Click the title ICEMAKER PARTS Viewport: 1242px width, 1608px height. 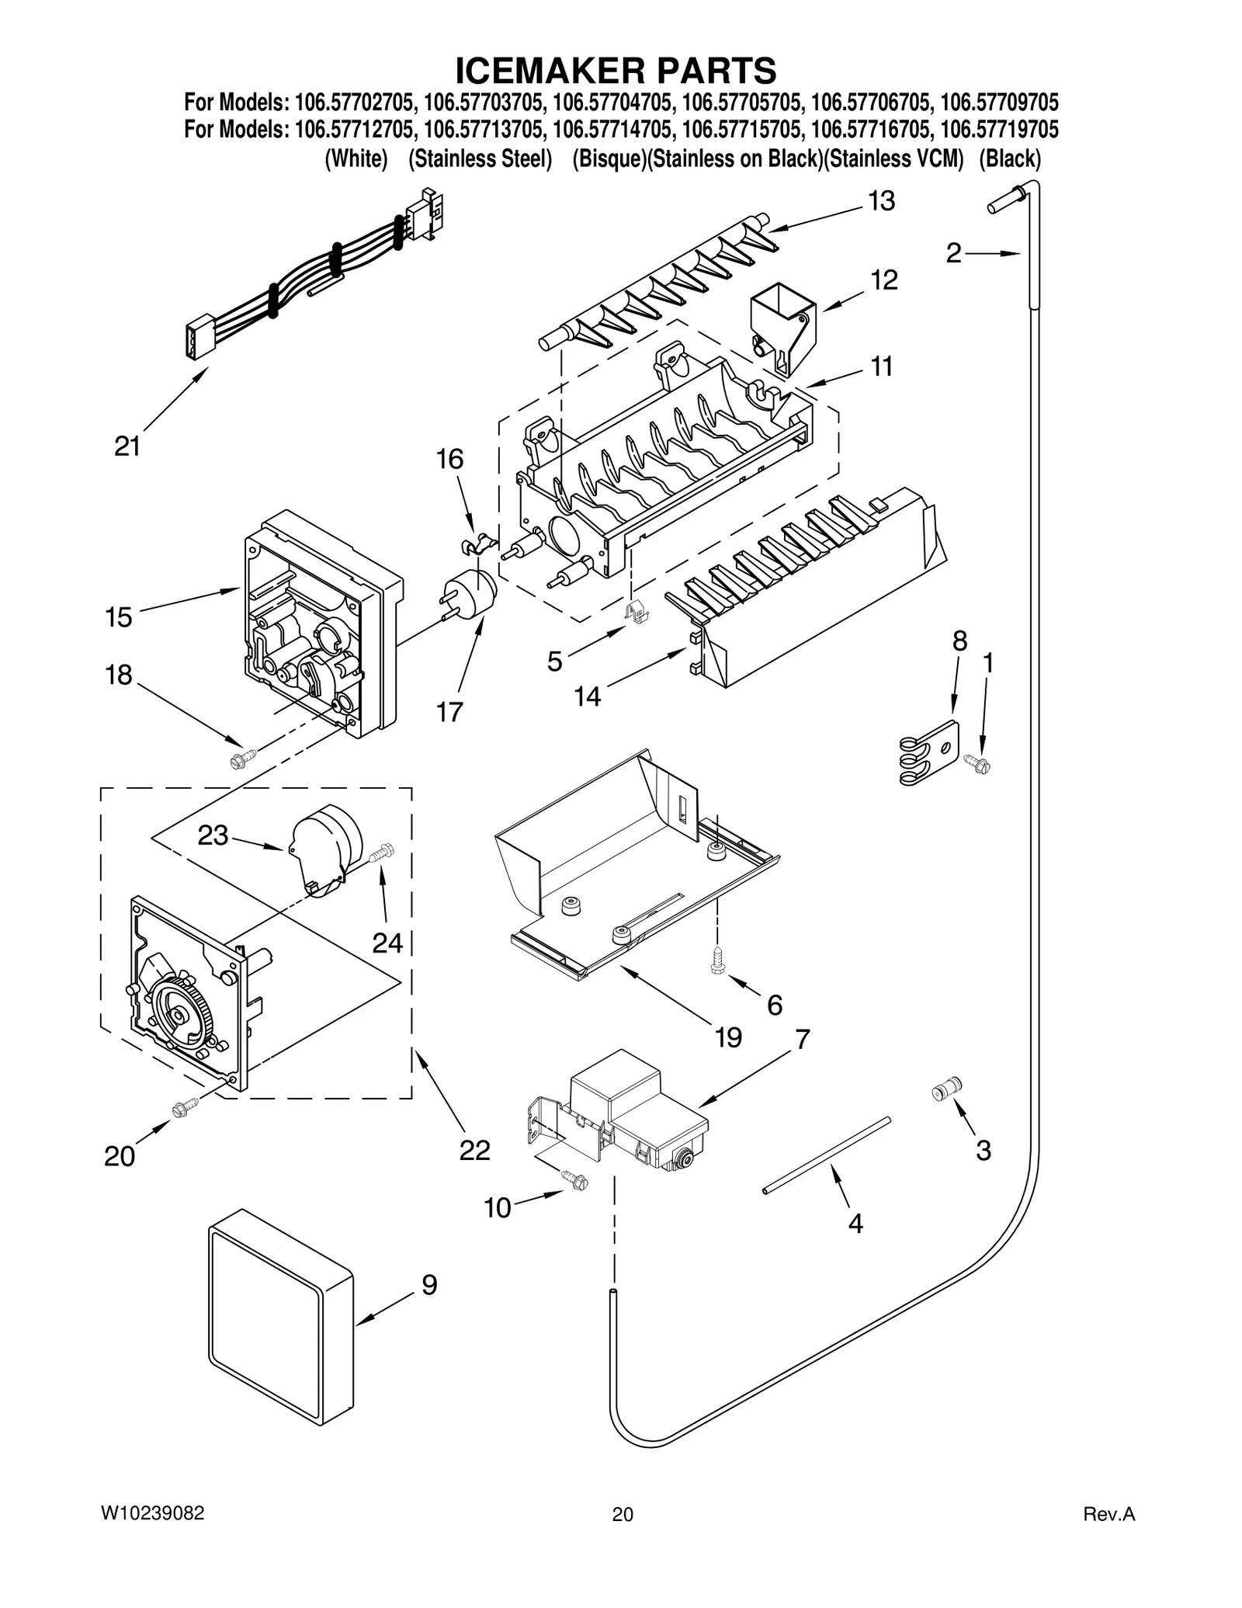pyautogui.click(x=615, y=71)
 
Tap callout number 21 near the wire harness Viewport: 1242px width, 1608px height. pyautogui.click(x=127, y=446)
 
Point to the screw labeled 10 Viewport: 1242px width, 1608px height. pyautogui.click(x=578, y=1181)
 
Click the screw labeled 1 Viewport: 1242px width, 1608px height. pyautogui.click(x=979, y=764)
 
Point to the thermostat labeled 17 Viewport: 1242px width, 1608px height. pyautogui.click(x=468, y=599)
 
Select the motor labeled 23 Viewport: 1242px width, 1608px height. pyautogui.click(x=326, y=849)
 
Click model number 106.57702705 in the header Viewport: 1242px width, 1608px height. pyautogui.click(x=356, y=102)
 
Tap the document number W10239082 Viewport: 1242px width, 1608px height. pyautogui.click(x=153, y=1513)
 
